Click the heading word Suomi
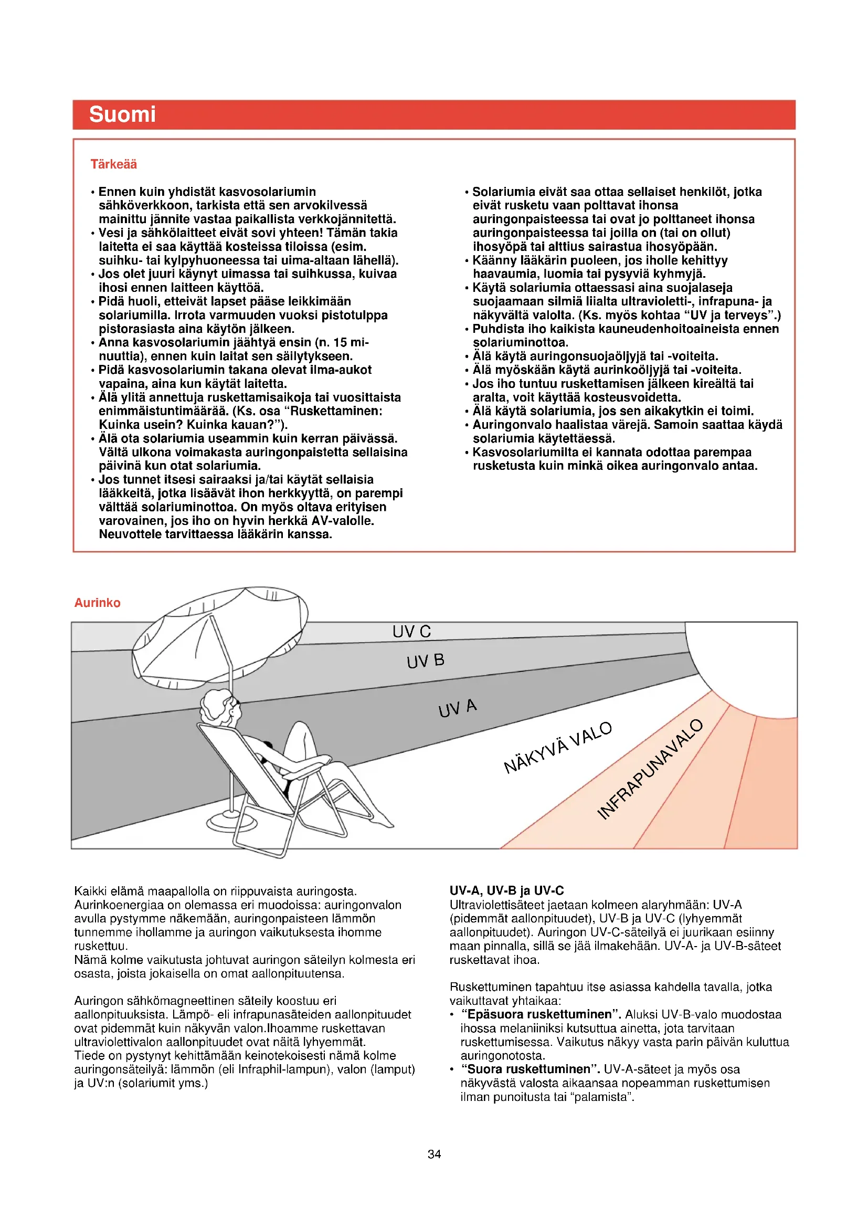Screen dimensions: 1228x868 pos(122,114)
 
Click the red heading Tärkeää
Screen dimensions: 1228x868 pos(113,164)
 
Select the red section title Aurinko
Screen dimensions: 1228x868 pos(97,603)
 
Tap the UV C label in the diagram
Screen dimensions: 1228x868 pos(411,632)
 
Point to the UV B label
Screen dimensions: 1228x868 pos(426,661)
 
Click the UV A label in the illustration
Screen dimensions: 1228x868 pos(458,708)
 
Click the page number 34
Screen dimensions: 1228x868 pos(434,1154)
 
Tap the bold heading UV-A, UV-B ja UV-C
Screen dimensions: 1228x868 pos(507,890)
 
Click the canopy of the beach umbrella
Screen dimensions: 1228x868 pos(219,631)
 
